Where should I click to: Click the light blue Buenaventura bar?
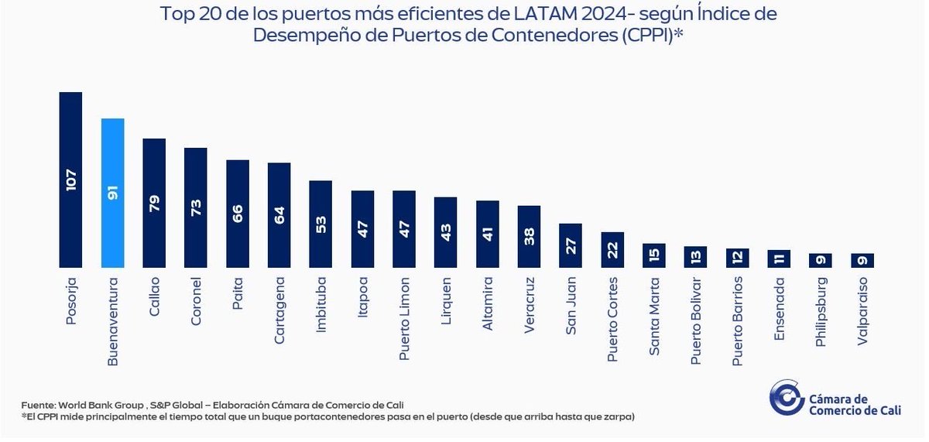[113, 193]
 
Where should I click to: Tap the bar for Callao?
[155, 203]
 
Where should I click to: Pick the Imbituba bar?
[321, 224]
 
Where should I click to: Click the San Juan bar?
[571, 245]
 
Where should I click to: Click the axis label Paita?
[238, 295]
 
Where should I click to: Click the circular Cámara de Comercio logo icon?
[786, 397]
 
